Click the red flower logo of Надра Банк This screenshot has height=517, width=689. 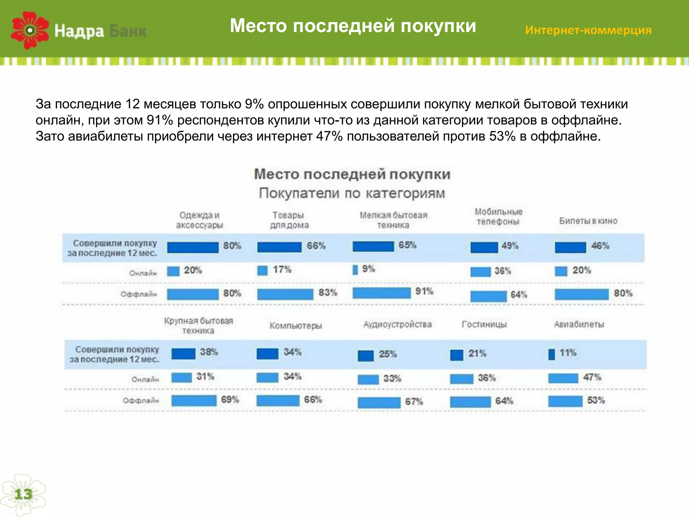(x=30, y=30)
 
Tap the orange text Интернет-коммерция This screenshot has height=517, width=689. (x=588, y=30)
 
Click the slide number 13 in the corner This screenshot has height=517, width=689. (x=23, y=494)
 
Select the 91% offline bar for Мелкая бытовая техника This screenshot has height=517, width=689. (x=382, y=293)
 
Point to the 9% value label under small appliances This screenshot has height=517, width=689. (x=368, y=269)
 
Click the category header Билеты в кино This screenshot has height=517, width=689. (x=588, y=221)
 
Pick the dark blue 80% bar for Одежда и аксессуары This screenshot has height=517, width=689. (x=193, y=247)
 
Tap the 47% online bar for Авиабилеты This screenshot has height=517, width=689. (x=563, y=378)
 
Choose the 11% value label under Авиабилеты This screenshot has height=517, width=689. (x=568, y=353)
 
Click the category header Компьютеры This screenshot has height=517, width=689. (x=296, y=325)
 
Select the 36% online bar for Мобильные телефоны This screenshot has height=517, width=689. (x=480, y=272)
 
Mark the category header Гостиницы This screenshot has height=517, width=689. (x=484, y=324)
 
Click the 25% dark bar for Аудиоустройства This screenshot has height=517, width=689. (x=366, y=356)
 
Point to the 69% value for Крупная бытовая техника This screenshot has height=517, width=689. (x=230, y=400)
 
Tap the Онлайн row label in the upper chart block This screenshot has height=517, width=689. (x=143, y=273)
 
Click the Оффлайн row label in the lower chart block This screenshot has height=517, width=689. (x=141, y=401)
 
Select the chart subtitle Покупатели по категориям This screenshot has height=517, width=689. (x=352, y=193)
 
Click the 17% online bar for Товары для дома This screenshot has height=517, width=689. (x=262, y=271)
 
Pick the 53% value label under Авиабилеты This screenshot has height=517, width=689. (x=596, y=400)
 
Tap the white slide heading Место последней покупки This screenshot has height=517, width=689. (x=353, y=26)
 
